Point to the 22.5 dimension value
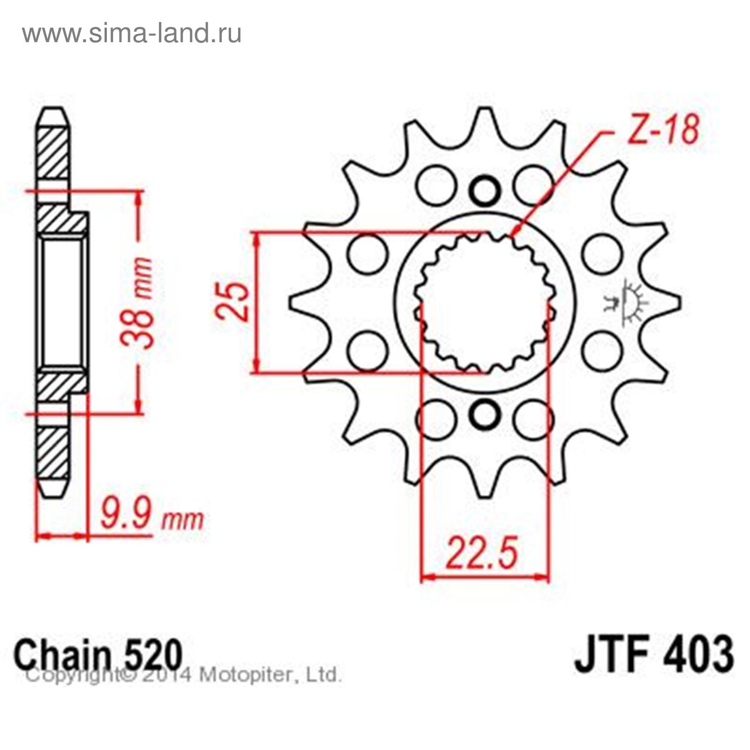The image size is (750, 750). [x=483, y=553]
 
